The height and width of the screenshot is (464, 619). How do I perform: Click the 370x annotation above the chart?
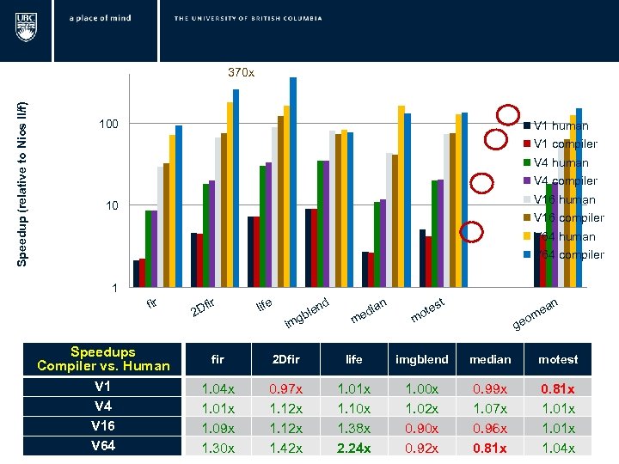[x=241, y=73]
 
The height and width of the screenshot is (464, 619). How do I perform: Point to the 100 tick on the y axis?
[x=108, y=125]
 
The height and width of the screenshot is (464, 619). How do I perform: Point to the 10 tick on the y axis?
[x=111, y=206]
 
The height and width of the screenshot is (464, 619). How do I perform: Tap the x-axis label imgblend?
[x=306, y=312]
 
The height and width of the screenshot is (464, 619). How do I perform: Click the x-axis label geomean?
[x=535, y=314]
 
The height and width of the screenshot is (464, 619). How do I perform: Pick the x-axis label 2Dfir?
[x=207, y=304]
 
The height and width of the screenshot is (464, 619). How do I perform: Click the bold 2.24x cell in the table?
[x=353, y=447]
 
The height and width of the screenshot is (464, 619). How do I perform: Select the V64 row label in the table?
[x=102, y=446]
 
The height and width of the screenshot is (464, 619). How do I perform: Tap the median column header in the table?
[x=490, y=359]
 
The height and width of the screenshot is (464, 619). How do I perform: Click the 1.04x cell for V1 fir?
[x=218, y=388]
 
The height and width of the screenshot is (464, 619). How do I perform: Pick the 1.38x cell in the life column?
[x=353, y=427]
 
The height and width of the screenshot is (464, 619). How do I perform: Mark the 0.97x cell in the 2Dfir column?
[x=285, y=388]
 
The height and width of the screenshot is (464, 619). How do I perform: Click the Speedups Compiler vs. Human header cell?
[x=102, y=358]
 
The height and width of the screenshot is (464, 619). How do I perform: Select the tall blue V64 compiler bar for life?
[x=293, y=182]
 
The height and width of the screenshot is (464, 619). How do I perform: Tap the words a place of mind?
[x=101, y=18]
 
